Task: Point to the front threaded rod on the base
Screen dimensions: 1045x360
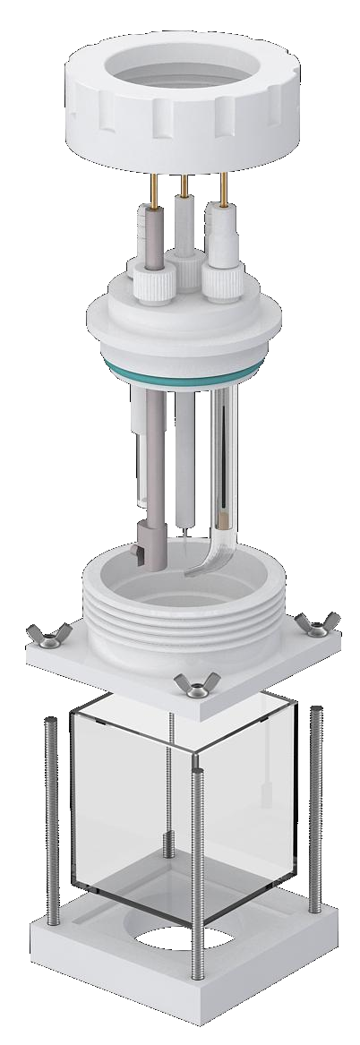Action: click(x=195, y=860)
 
